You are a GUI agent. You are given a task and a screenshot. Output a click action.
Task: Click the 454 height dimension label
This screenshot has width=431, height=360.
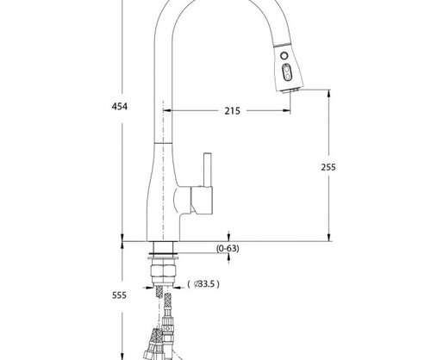click(x=119, y=106)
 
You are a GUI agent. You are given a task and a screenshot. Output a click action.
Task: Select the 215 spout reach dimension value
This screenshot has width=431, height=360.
click(x=231, y=111)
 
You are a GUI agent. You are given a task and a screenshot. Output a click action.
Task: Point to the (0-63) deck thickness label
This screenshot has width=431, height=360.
click(x=228, y=249)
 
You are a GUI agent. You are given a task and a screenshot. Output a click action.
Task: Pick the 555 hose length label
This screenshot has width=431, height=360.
click(x=119, y=295)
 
